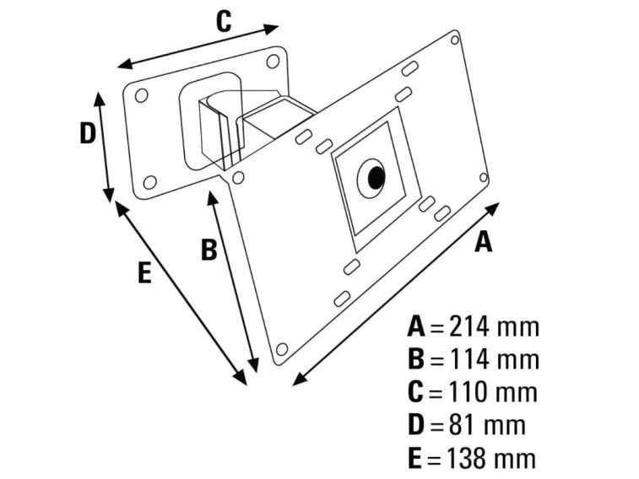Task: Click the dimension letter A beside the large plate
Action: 483,242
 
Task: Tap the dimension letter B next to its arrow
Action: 208,250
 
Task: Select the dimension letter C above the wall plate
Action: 223,22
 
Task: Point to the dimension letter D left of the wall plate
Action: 87,133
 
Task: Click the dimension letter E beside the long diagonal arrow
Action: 144,273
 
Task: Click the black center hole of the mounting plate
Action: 374,178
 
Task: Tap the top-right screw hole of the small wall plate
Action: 273,62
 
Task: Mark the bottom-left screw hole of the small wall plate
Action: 149,181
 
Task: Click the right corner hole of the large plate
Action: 482,178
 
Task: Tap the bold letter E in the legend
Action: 414,458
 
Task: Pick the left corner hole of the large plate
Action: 239,178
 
